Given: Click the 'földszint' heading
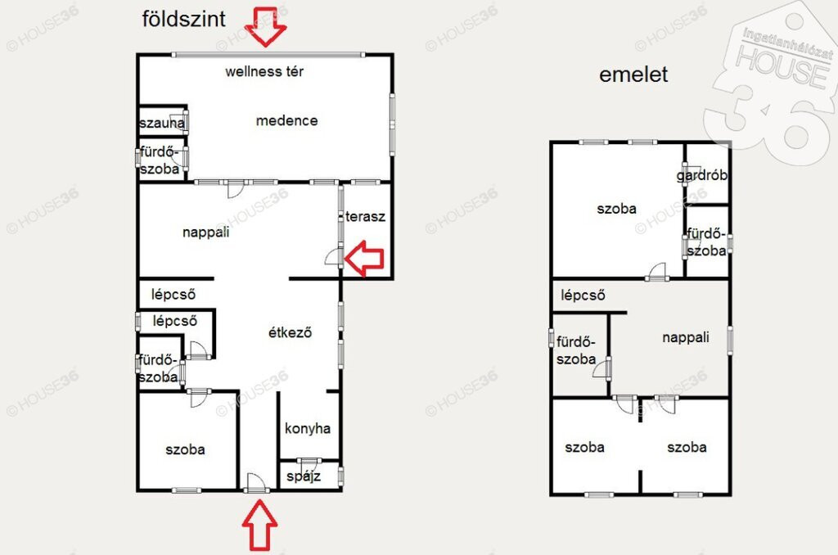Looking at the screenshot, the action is point(184,20).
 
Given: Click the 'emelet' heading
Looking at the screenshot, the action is point(633,74).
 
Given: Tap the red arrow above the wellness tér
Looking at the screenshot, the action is point(266,27).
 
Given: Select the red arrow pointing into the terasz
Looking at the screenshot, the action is point(364,258).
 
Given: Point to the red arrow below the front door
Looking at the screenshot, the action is point(259,525).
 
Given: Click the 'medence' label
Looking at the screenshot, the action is point(287,120).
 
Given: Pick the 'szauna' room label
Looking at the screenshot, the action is point(162,123).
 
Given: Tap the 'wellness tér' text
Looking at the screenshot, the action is point(264,71).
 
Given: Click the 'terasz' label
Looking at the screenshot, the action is point(365,217).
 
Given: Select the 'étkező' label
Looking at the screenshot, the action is point(290,332).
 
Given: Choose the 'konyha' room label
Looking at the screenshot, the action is point(308,428).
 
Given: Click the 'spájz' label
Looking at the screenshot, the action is point(304,476).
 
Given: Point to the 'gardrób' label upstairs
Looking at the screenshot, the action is point(701,175).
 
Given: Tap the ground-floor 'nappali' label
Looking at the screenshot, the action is point(205,232).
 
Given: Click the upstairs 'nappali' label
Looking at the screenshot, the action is point(686,337).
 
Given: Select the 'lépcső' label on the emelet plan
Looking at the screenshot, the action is point(583,296).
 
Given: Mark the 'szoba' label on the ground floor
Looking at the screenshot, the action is point(185,449).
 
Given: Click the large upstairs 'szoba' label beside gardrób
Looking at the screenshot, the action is point(617,209).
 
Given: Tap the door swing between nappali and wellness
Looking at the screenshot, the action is point(235,189).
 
